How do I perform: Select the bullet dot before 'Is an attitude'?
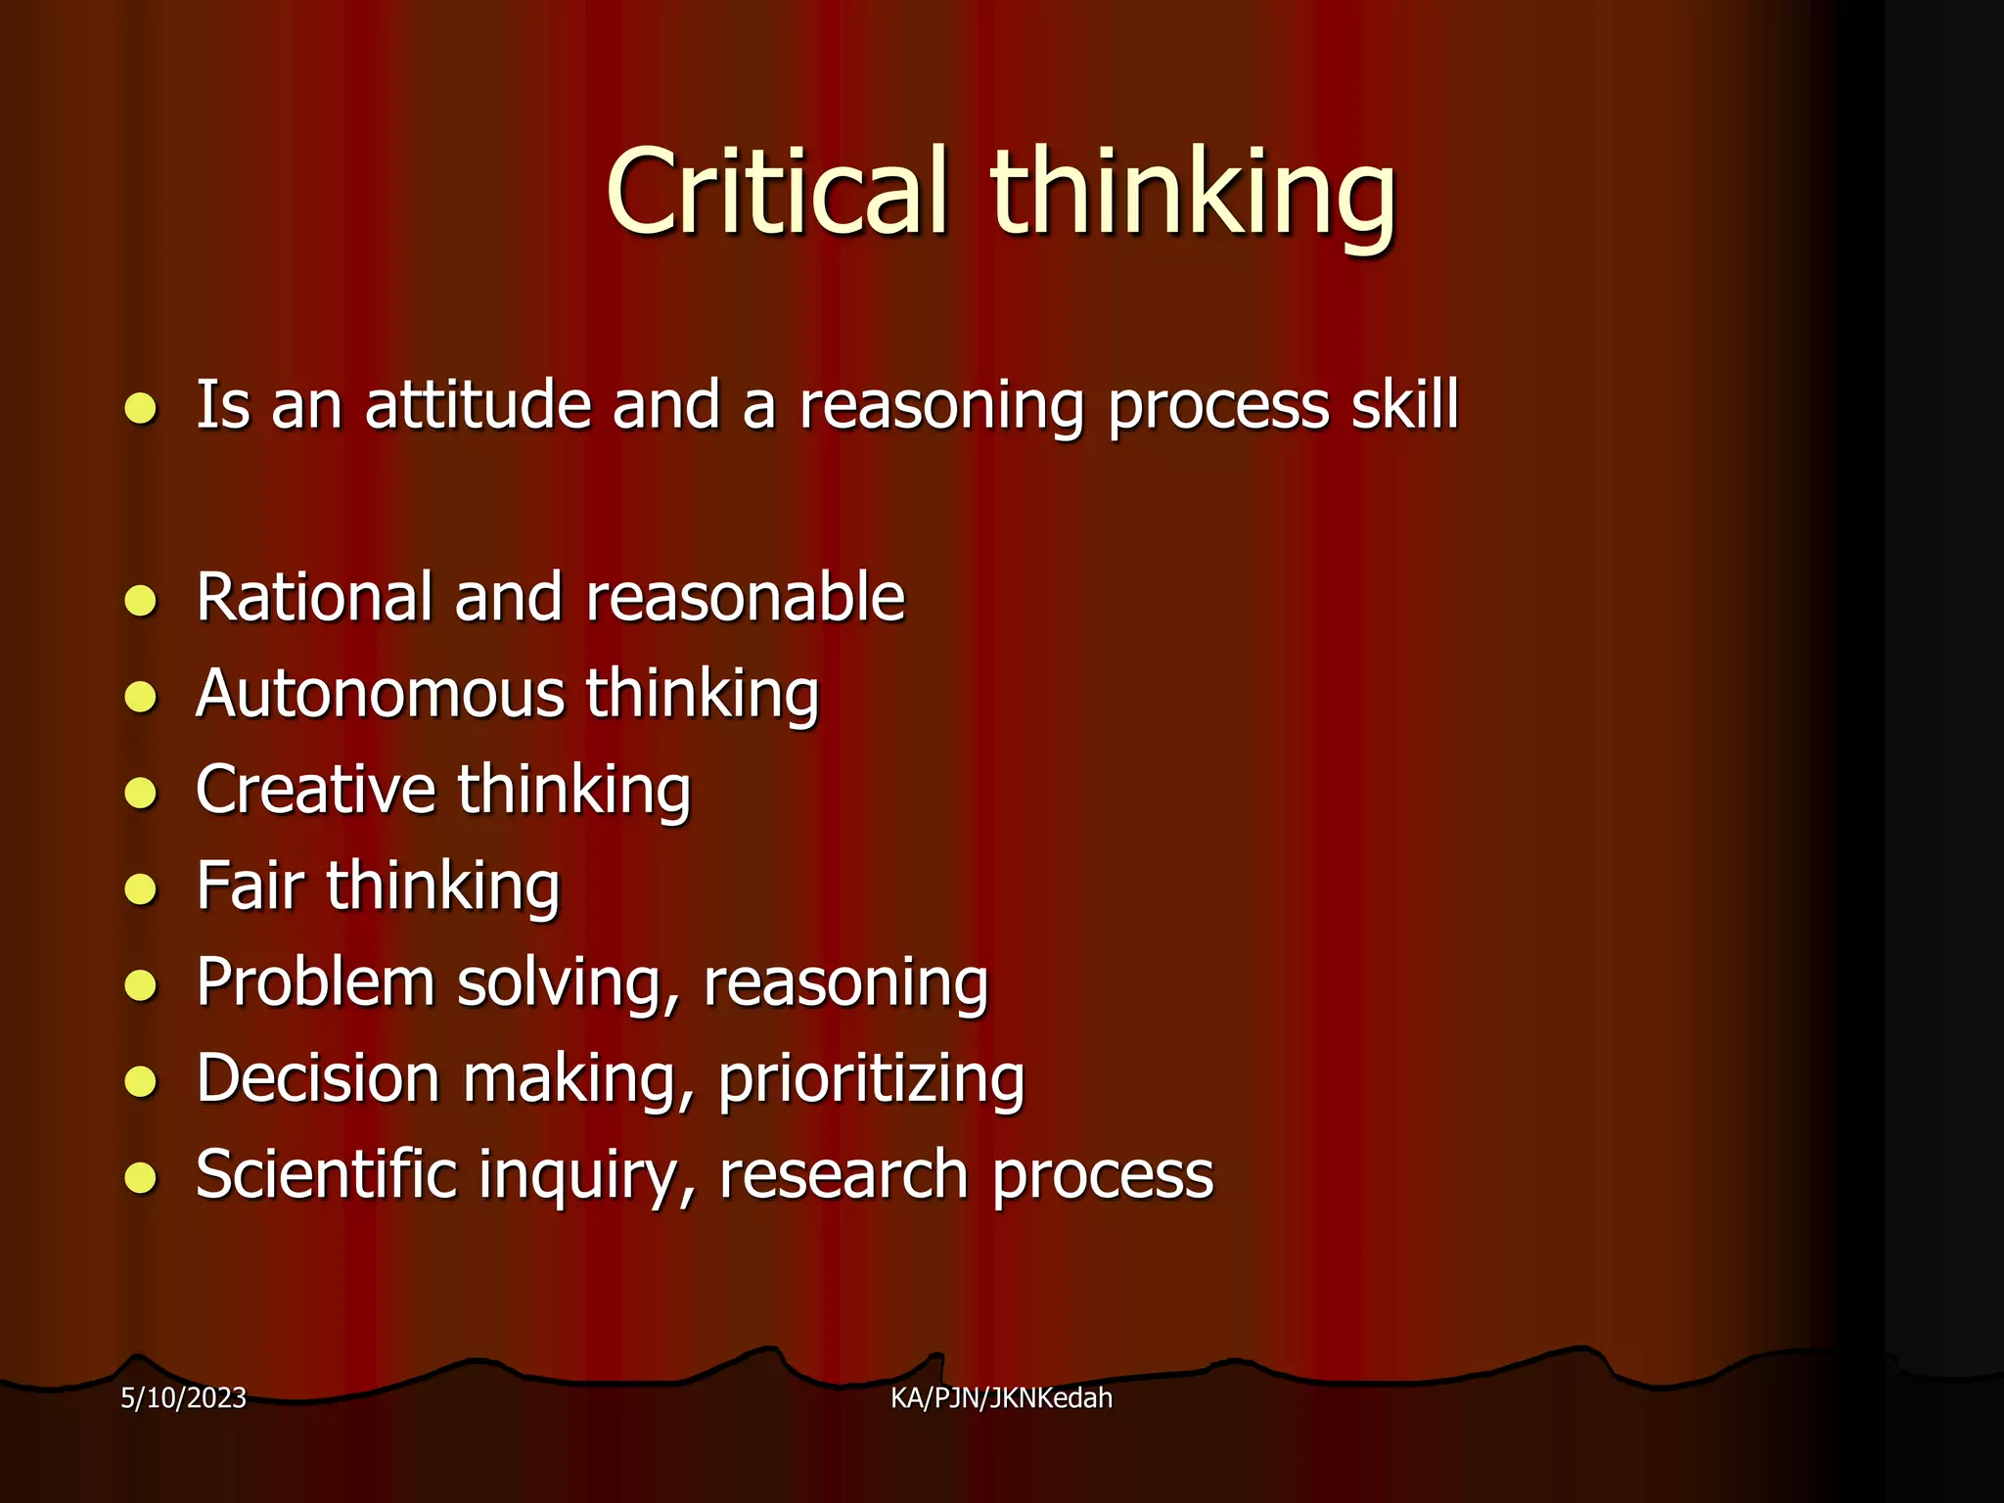point(141,407)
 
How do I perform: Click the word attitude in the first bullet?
point(478,404)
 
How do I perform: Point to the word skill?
point(1405,404)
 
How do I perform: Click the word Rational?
point(314,597)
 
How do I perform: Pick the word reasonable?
point(746,597)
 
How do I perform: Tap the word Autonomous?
point(380,694)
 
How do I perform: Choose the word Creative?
point(315,790)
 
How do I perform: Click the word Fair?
point(250,886)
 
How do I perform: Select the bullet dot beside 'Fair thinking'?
point(141,888)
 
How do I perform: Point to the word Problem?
point(315,981)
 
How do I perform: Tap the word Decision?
point(318,1077)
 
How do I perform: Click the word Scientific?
point(326,1173)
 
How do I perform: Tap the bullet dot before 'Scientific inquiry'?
point(141,1177)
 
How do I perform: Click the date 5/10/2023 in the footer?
point(183,1398)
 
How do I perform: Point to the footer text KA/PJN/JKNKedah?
point(1001,1398)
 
